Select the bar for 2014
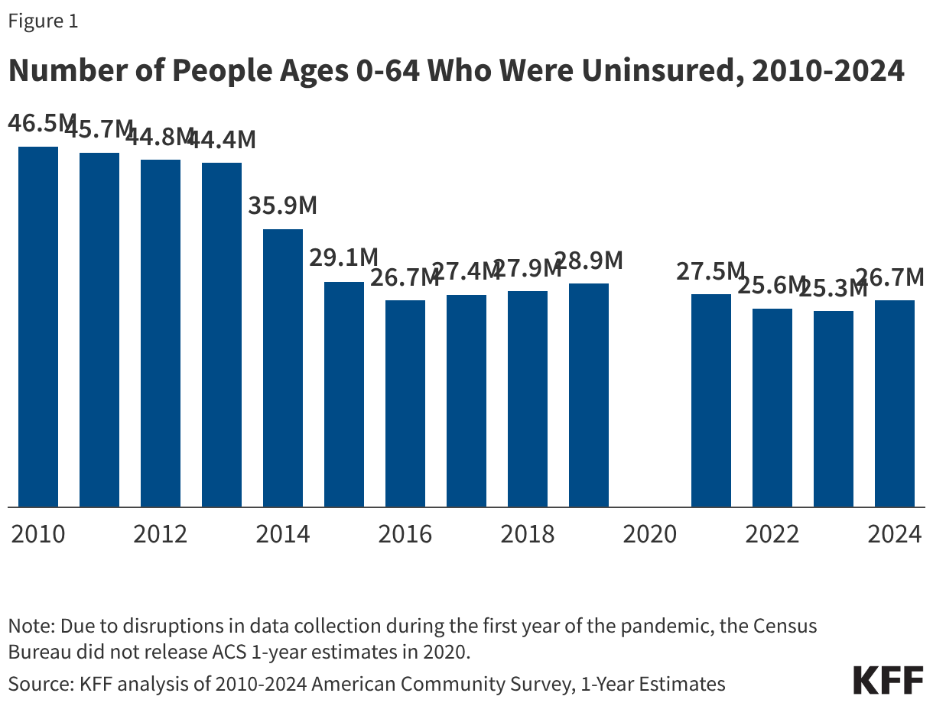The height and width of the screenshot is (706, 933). [x=283, y=368]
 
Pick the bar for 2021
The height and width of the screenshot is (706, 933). [x=711, y=400]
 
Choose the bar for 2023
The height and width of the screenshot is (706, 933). [x=834, y=409]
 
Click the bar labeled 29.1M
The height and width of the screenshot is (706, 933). [x=344, y=394]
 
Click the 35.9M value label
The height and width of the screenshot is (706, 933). [x=283, y=206]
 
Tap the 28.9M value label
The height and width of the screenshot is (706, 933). [x=589, y=261]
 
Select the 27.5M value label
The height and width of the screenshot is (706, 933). [x=710, y=271]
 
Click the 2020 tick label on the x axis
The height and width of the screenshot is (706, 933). [x=650, y=533]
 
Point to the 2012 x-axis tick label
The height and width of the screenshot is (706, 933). [x=161, y=533]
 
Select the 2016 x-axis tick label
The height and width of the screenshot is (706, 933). [x=405, y=533]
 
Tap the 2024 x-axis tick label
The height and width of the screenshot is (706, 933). [x=895, y=533]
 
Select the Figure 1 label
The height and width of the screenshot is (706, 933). [x=43, y=21]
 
